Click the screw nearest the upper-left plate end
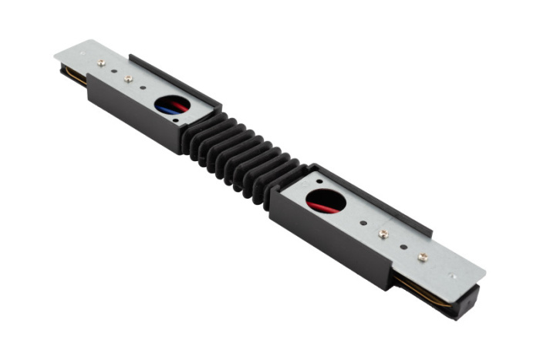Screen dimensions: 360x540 [101, 62]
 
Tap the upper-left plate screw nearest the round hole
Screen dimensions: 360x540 [128, 79]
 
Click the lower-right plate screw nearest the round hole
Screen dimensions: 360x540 [383, 232]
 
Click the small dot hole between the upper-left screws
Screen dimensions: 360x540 [115, 70]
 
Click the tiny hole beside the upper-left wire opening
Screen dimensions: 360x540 [179, 119]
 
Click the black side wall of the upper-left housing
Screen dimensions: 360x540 [131, 112]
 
